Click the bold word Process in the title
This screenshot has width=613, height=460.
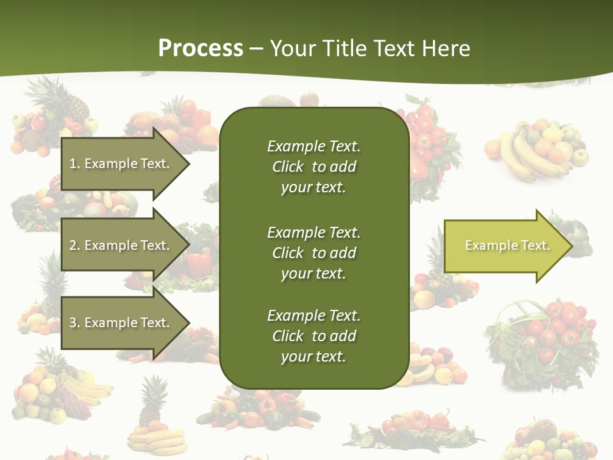(x=201, y=49)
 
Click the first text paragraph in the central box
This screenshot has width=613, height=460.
(x=314, y=167)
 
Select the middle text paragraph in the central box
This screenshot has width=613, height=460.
(x=314, y=253)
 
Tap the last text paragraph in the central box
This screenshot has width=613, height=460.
(x=314, y=336)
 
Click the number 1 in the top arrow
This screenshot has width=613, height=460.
(x=73, y=164)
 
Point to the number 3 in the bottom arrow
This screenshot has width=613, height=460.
(x=73, y=323)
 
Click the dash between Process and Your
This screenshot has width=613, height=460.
(x=257, y=49)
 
